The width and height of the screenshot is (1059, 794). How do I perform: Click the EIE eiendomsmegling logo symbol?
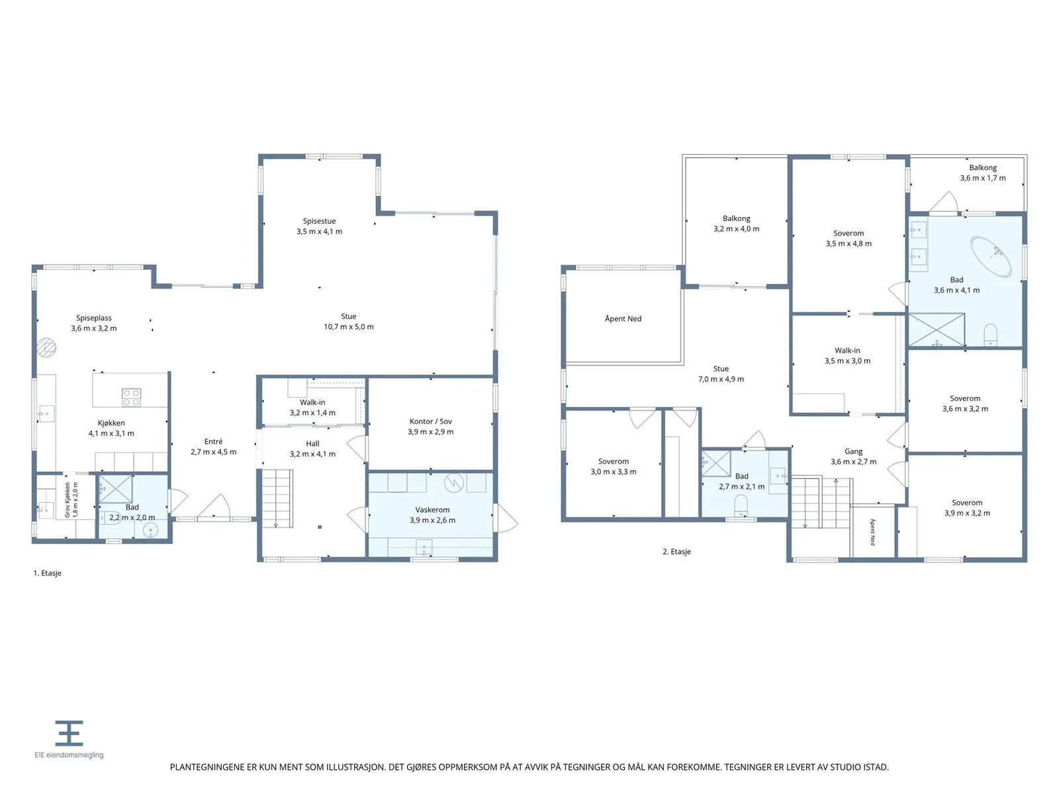[69, 732]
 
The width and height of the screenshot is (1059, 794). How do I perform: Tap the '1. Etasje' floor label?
[47, 573]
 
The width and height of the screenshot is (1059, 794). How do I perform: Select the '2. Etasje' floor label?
[676, 551]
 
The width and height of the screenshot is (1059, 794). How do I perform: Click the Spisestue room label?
[319, 221]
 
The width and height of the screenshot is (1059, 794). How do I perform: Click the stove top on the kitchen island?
[131, 397]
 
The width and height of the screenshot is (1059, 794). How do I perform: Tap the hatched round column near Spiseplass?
[47, 347]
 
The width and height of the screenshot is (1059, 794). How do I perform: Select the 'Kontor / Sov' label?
[430, 421]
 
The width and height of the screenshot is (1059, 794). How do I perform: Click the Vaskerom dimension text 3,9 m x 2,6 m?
[432, 519]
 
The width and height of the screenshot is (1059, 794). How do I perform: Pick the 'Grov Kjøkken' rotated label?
[68, 500]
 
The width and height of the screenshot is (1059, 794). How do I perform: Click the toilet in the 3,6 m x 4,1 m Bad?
[990, 334]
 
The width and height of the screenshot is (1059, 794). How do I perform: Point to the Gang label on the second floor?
[853, 451]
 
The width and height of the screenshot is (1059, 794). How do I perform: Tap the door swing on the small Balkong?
[943, 202]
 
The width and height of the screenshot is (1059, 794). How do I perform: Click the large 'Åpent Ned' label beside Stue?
[623, 318]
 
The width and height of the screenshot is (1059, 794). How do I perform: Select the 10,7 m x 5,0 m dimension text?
[348, 326]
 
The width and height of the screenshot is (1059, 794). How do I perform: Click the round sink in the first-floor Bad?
[150, 531]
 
